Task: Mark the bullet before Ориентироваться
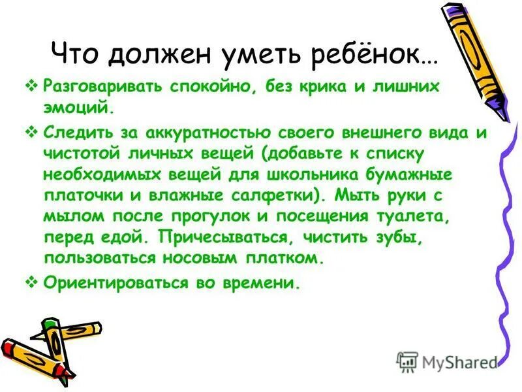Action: tap(35, 284)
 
